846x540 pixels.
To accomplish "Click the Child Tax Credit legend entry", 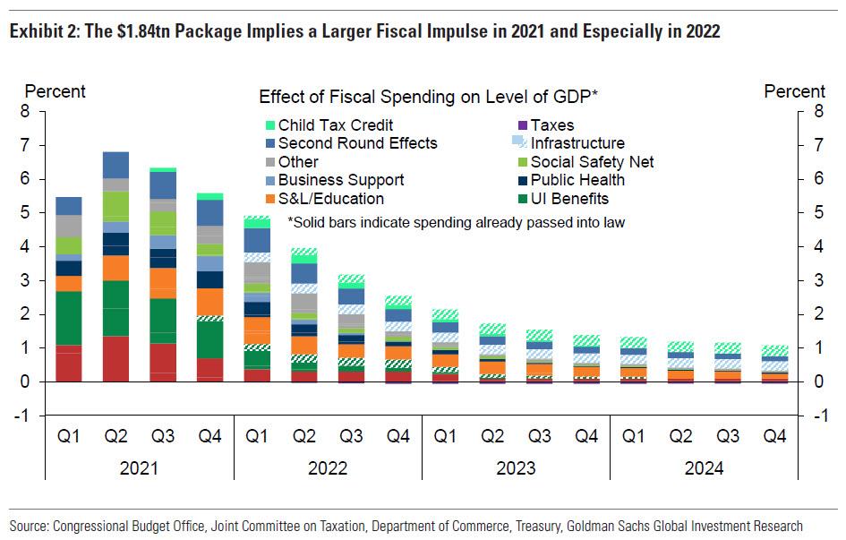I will click(335, 125).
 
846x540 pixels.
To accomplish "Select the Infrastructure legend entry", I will click(577, 143).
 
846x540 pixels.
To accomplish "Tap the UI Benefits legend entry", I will click(568, 199).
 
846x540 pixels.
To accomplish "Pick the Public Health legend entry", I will click(577, 180).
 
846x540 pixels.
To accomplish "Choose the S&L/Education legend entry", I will click(330, 199).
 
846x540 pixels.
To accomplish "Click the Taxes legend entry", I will click(551, 125).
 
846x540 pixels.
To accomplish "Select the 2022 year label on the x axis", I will click(328, 468).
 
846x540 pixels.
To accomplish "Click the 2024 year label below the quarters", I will click(704, 468).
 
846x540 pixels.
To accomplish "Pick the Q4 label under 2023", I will click(585, 437).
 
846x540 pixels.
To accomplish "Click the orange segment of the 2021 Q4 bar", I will click(209, 301).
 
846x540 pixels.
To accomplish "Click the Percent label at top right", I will click(794, 91).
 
